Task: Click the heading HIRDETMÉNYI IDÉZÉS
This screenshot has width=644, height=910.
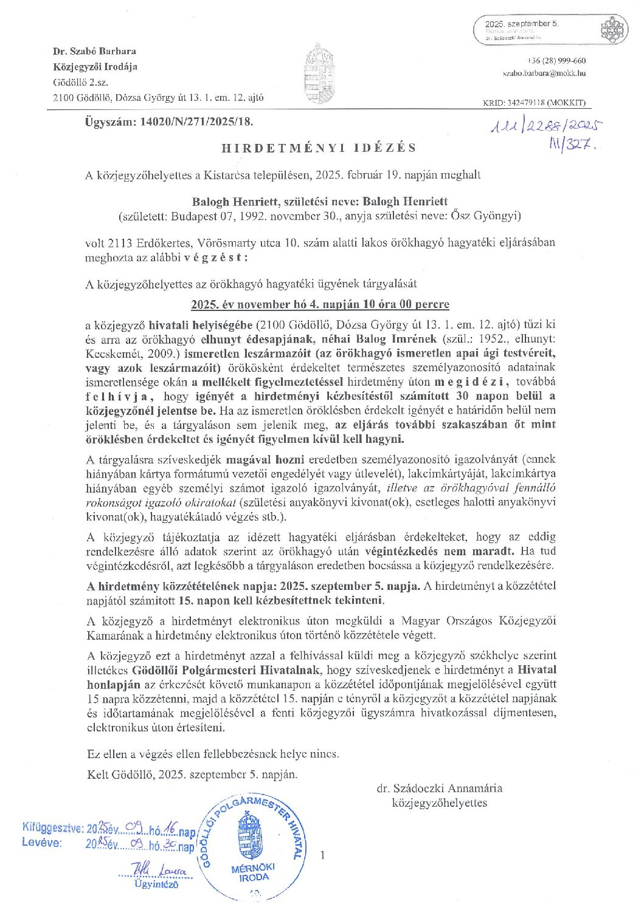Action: click(x=319, y=148)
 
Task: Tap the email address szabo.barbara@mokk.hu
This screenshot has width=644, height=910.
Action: click(x=544, y=73)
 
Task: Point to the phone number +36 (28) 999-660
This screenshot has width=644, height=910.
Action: click(x=558, y=61)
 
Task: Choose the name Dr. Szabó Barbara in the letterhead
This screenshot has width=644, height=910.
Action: click(x=94, y=51)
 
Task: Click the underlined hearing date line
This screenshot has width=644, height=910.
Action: click(x=320, y=304)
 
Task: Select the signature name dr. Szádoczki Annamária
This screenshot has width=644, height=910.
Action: click(x=439, y=789)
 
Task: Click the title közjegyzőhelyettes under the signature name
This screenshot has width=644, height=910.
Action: click(x=439, y=803)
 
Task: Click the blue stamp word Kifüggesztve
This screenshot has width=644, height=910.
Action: click(x=52, y=827)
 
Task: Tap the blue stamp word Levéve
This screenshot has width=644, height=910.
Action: click(x=42, y=843)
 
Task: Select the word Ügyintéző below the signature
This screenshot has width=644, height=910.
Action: click(x=156, y=884)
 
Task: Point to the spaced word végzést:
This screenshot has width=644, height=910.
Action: click(x=215, y=257)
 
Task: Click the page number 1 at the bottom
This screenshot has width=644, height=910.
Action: click(x=322, y=856)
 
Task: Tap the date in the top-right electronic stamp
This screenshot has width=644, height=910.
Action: click(x=521, y=23)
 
